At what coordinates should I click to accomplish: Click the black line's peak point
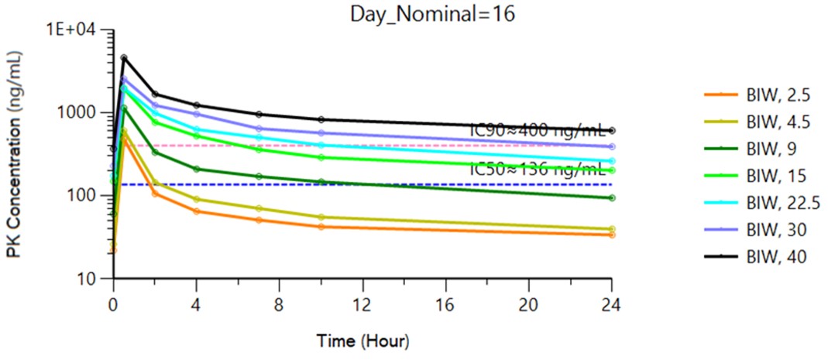pyautogui.click(x=124, y=57)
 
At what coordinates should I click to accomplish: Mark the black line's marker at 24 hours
pyautogui.click(x=611, y=130)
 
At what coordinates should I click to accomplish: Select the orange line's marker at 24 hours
pyautogui.click(x=611, y=235)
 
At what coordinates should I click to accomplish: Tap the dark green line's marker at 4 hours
pyautogui.click(x=197, y=169)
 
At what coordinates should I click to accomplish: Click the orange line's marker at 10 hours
pyautogui.click(x=321, y=227)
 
